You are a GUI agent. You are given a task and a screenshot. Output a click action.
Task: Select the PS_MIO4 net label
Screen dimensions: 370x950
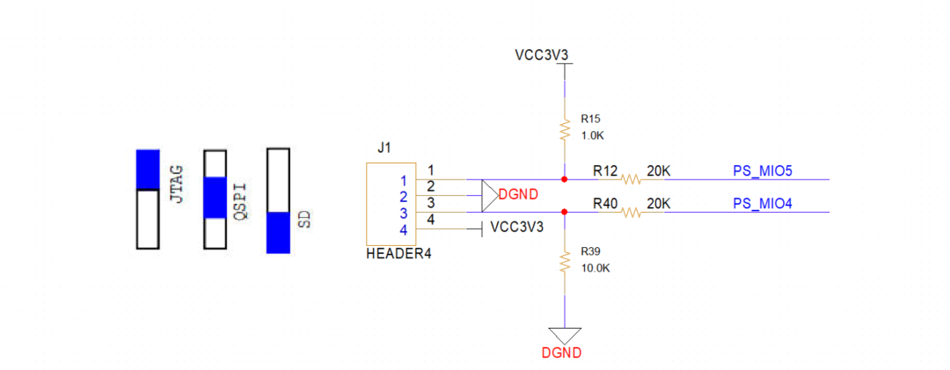click(x=763, y=203)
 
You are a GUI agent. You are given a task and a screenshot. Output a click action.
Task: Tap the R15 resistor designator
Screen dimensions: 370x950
click(x=590, y=118)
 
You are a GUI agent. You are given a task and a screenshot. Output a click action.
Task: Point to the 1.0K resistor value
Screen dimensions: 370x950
click(x=593, y=135)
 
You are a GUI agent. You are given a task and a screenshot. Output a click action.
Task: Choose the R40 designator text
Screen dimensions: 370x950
click(x=605, y=203)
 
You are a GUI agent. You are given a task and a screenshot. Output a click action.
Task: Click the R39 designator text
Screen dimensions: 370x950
click(x=590, y=251)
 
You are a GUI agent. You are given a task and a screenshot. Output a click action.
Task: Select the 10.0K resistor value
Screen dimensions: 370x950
click(x=596, y=268)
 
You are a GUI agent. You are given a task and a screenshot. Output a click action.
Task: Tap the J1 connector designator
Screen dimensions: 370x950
click(x=384, y=148)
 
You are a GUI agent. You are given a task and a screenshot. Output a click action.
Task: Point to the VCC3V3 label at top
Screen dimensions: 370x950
click(x=542, y=54)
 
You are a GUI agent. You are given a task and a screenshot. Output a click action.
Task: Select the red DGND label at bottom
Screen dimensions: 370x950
click(x=563, y=352)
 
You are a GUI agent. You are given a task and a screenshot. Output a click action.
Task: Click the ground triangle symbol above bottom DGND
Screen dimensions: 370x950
click(x=564, y=334)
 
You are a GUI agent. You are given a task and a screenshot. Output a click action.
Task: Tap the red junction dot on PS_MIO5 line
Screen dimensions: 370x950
click(x=564, y=179)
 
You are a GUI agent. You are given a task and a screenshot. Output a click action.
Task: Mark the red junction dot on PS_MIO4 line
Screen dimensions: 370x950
click(x=564, y=213)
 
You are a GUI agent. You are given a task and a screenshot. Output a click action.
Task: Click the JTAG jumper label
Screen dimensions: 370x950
click(x=176, y=184)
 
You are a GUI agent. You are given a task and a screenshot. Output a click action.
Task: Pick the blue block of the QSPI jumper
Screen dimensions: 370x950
click(x=216, y=197)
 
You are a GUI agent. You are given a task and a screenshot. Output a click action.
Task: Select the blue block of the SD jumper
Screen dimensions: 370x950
click(x=278, y=232)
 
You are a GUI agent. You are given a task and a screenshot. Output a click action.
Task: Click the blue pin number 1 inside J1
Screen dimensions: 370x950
click(x=403, y=180)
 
